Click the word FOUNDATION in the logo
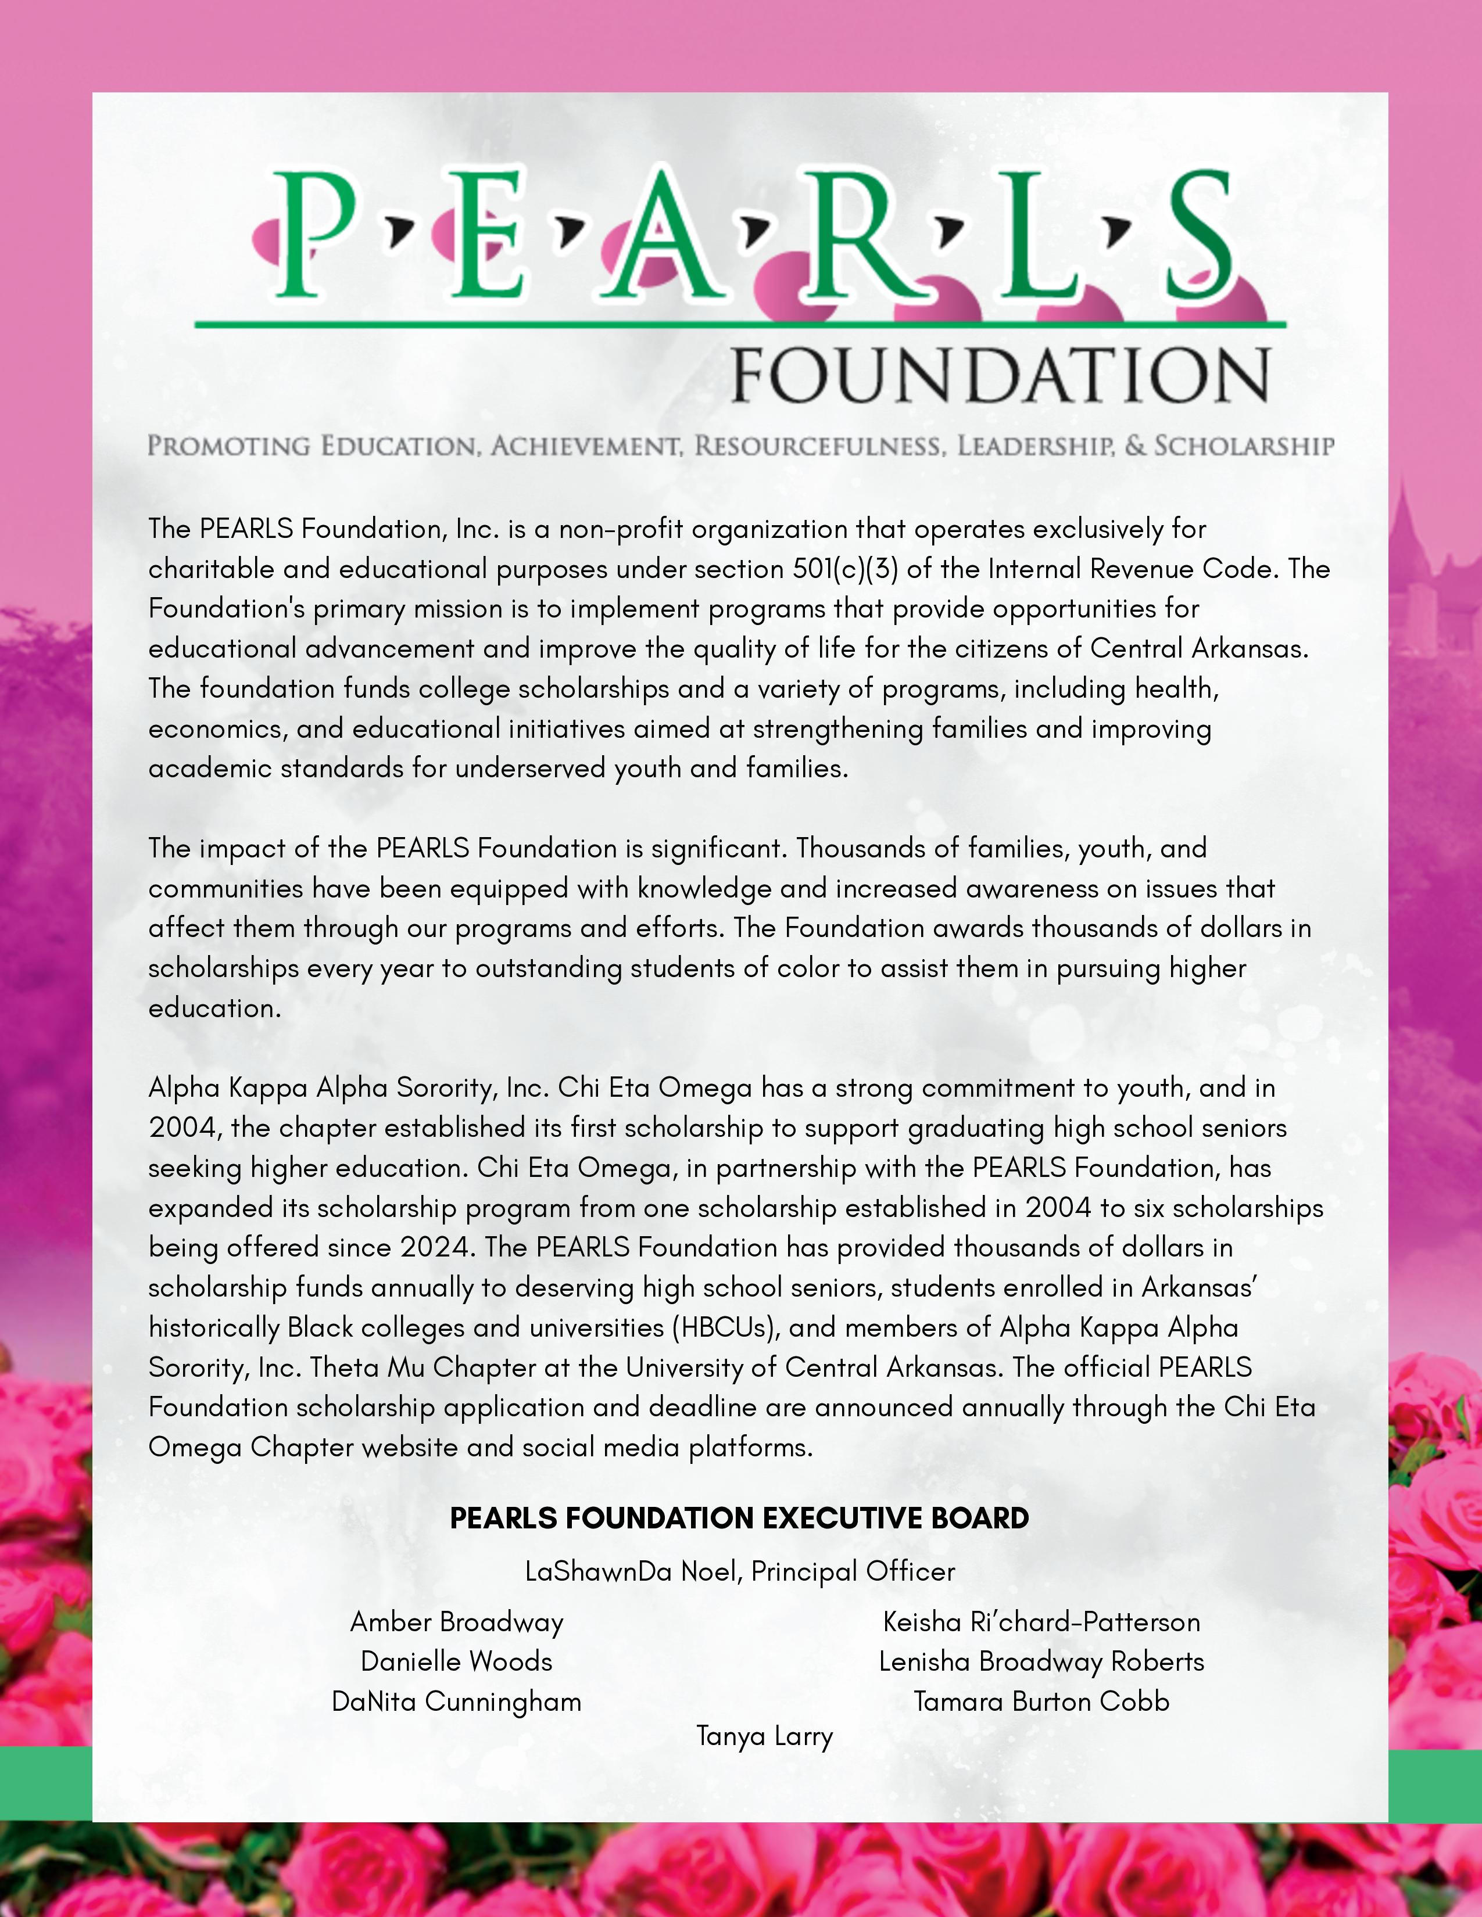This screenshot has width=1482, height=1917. [x=1001, y=376]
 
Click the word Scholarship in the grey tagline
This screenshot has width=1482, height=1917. [x=1244, y=446]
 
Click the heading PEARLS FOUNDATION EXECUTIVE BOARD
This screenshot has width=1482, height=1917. [x=739, y=1517]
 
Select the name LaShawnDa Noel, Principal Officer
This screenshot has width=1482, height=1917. [x=739, y=1571]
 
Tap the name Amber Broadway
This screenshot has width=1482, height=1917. [x=457, y=1622]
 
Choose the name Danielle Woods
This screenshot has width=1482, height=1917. [x=457, y=1661]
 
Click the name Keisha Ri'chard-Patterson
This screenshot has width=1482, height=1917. [x=1041, y=1622]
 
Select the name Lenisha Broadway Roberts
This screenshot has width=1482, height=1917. [x=1041, y=1661]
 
